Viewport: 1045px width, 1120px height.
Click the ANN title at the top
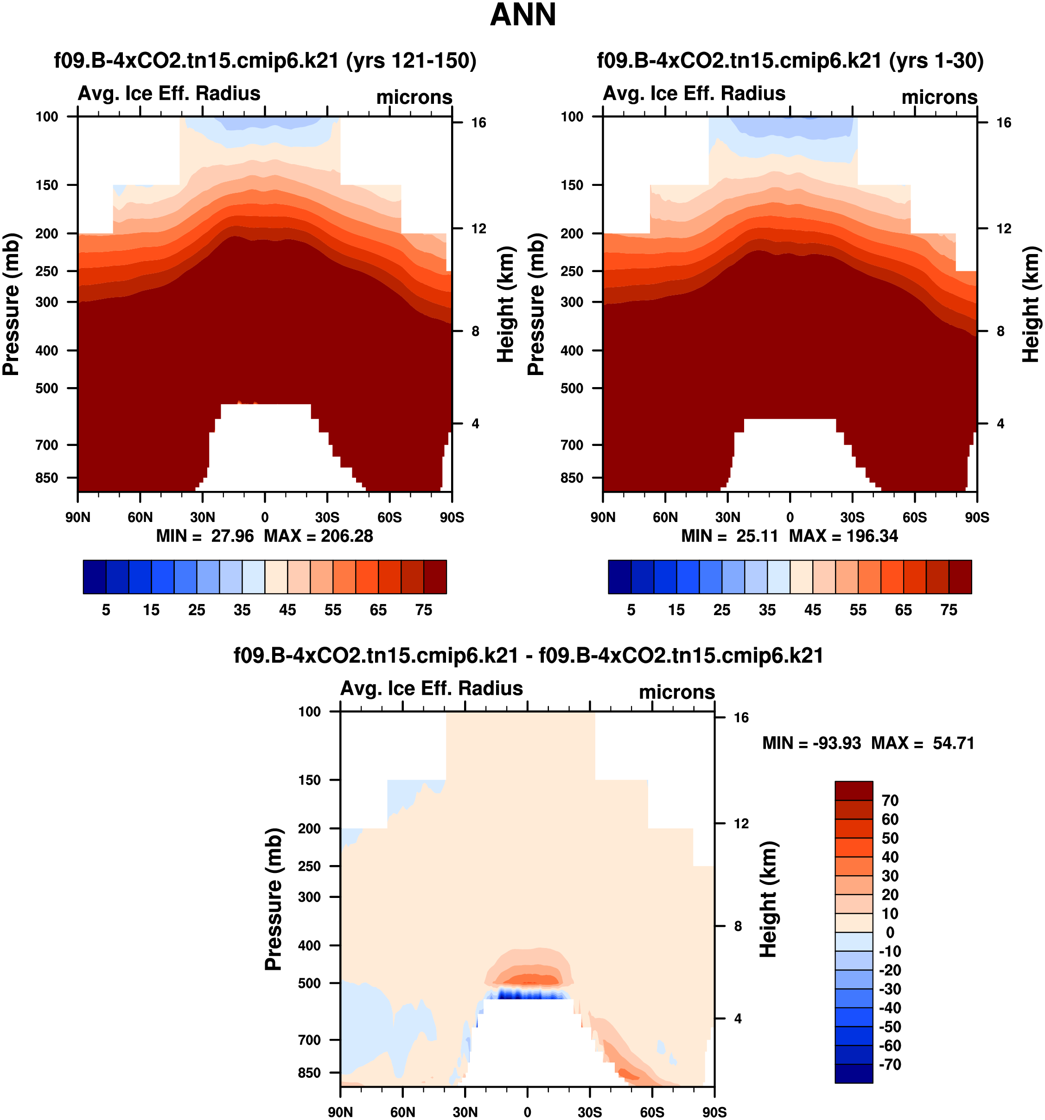pyautogui.click(x=523, y=15)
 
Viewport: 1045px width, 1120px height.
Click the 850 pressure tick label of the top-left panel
pyautogui.click(x=47, y=478)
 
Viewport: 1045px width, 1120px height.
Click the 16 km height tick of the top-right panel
pyautogui.click(x=1003, y=123)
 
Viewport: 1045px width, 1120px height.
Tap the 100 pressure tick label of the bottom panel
pyautogui.click(x=309, y=712)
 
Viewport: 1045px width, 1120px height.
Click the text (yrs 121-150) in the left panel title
pyautogui.click(x=411, y=60)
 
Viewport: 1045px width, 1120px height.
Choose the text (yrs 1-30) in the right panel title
pyautogui.click(x=936, y=60)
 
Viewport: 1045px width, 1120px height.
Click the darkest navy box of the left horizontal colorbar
pyautogui.click(x=94, y=577)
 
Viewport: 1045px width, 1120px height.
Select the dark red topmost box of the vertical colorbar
pyautogui.click(x=854, y=790)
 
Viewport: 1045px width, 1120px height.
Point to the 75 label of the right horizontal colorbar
pyautogui.click(x=949, y=610)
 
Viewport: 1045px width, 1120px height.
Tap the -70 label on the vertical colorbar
pyautogui.click(x=890, y=1064)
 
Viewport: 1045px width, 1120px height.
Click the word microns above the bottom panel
pyautogui.click(x=676, y=693)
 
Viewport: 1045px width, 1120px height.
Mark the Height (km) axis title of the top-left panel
pyautogui.click(x=506, y=304)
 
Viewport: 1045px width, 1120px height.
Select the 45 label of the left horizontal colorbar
pyautogui.click(x=287, y=610)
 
